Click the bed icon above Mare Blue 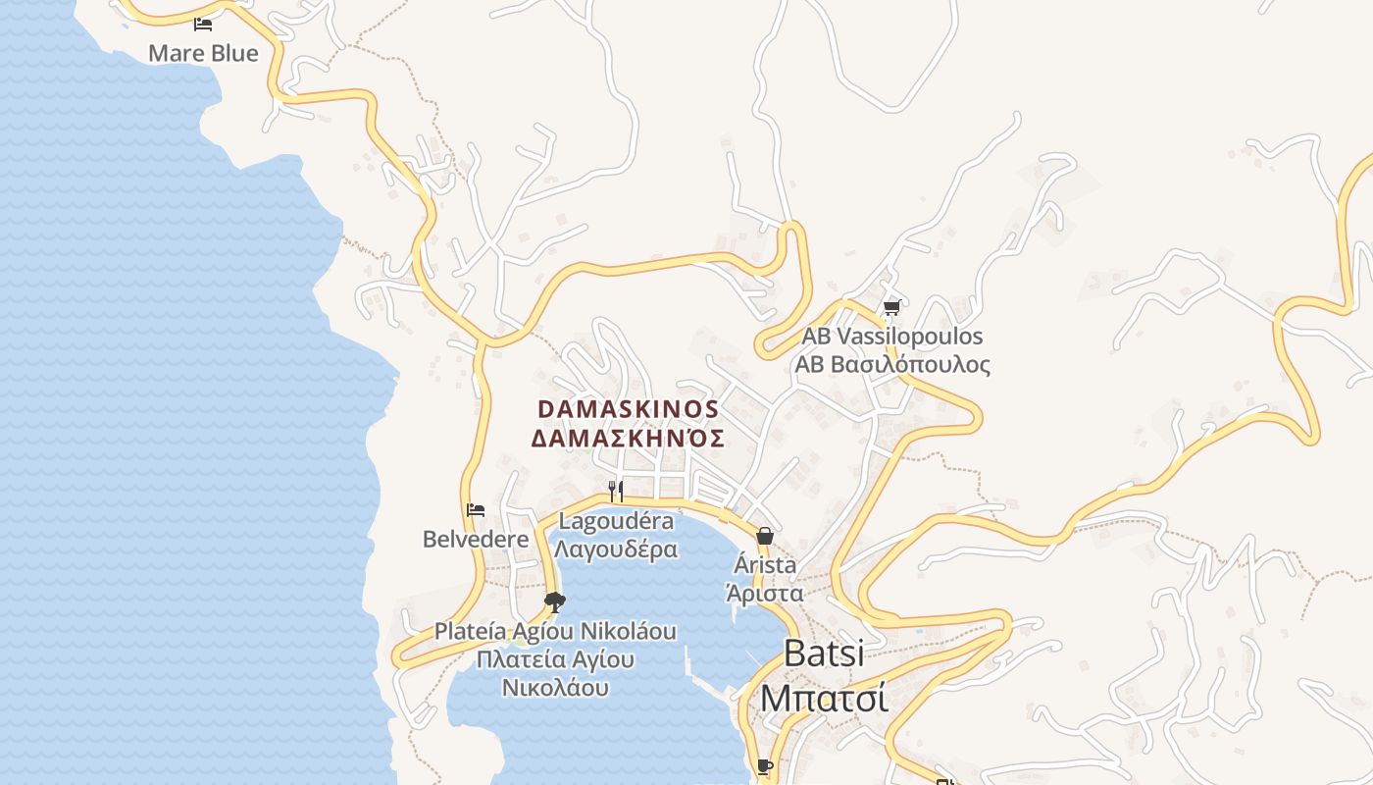click(203, 25)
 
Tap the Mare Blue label click(203, 53)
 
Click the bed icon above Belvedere click(476, 510)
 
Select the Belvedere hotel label click(476, 539)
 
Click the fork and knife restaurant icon click(616, 491)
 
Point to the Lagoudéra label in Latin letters click(616, 520)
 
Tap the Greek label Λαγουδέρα click(616, 549)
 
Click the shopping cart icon click(891, 308)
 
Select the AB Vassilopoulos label click(891, 337)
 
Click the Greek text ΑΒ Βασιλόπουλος click(891, 365)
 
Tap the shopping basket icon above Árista click(765, 536)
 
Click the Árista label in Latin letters click(765, 565)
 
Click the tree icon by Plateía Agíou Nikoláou click(555, 602)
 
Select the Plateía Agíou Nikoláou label click(555, 631)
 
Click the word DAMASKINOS click(628, 408)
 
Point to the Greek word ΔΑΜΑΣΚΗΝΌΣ click(628, 438)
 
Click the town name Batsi click(824, 654)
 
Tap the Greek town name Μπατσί click(824, 698)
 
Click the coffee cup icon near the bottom click(765, 766)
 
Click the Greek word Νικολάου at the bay click(555, 687)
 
